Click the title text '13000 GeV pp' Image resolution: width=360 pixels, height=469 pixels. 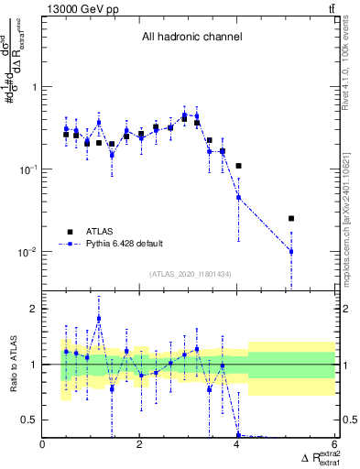coord(82,9)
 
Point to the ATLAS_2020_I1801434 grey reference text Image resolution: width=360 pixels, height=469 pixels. coord(191,274)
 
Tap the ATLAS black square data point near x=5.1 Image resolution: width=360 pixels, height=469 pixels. coord(290,219)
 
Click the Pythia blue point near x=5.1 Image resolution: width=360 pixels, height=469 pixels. coord(290,251)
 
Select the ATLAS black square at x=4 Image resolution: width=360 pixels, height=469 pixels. coord(238,166)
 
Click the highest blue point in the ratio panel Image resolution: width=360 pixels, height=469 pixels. coord(99,318)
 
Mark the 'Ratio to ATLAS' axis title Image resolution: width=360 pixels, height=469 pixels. coord(12,364)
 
